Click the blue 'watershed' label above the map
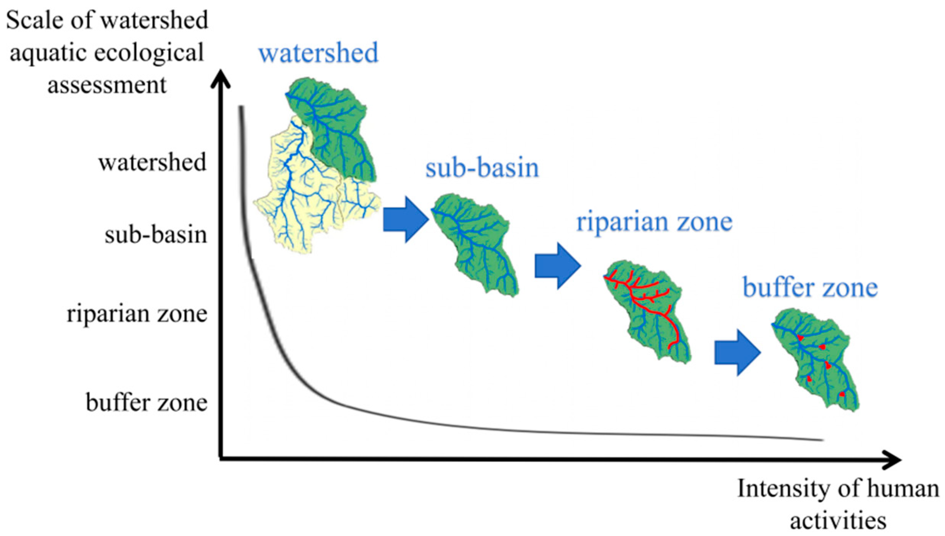tap(318, 53)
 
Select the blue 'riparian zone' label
tap(654, 222)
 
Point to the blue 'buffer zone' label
tap(810, 288)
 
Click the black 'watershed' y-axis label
tap(152, 163)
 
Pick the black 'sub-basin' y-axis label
tap(156, 235)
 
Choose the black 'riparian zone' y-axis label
tap(137, 314)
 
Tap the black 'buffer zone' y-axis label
tap(147, 403)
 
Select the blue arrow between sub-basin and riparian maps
tap(557, 266)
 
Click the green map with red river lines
tap(648, 311)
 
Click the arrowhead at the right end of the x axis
tap(894, 459)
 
